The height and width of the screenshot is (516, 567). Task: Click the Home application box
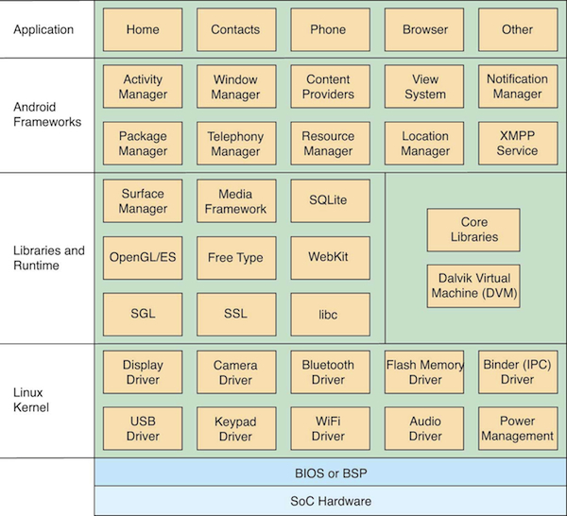coord(143,29)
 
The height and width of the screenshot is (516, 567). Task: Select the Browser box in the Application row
coord(424,29)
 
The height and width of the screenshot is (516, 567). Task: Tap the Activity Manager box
coord(143,86)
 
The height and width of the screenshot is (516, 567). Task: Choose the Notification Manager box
coord(518,86)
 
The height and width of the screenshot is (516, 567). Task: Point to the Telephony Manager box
coord(236,144)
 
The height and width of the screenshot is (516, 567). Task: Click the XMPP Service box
coord(518,144)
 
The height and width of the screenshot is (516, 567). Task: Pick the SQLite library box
coord(330,200)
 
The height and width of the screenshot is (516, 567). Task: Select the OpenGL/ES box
coord(143,258)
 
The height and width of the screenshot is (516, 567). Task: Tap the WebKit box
coord(330,258)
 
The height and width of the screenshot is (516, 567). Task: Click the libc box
coord(330,315)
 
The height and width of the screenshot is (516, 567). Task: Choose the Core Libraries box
coord(473,230)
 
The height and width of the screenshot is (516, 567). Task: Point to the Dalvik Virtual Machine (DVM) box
coord(473,286)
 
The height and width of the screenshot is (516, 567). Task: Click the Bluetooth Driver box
coord(330,372)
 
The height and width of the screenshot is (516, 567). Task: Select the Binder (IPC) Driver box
coord(518,372)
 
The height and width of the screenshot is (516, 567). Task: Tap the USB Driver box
coord(143,428)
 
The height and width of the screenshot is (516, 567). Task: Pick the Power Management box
coord(518,428)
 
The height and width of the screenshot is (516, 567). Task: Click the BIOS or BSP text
coord(331,473)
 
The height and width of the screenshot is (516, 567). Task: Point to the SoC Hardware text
coord(331,501)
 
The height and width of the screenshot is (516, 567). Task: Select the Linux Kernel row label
coord(31,400)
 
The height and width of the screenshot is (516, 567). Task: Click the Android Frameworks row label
coord(47,114)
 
